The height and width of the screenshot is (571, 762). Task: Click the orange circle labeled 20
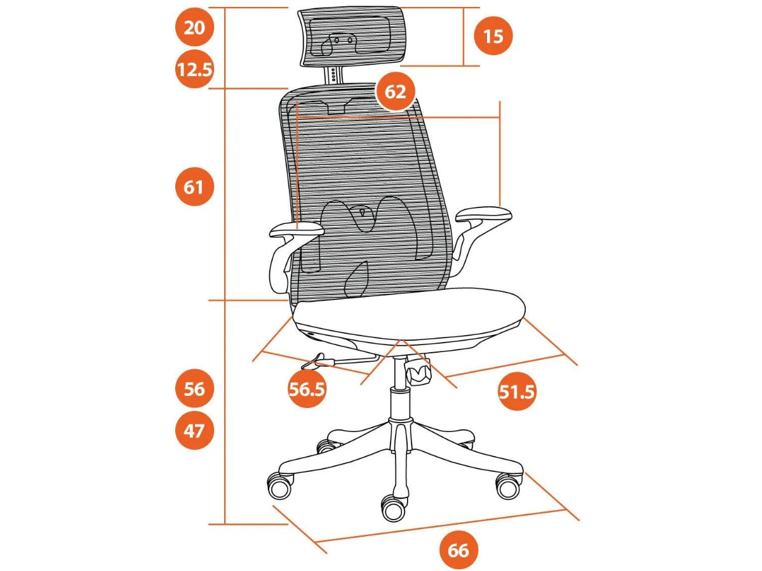tap(194, 27)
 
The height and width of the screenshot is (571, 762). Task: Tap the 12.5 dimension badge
tap(194, 69)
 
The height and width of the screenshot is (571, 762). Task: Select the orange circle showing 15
tap(493, 36)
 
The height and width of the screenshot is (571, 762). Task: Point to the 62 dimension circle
tap(396, 93)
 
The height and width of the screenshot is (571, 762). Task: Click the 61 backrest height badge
tap(194, 187)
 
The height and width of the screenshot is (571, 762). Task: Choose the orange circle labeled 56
tap(194, 388)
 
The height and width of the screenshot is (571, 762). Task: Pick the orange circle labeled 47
tap(194, 431)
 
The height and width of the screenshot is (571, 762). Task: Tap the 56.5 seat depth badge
tap(307, 389)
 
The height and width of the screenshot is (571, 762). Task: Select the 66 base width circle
tap(458, 550)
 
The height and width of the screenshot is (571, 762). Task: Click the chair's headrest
tap(351, 36)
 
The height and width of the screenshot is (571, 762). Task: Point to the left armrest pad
tap(297, 230)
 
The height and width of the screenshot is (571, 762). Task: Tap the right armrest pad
tap(484, 214)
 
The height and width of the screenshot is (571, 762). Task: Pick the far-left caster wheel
tap(279, 486)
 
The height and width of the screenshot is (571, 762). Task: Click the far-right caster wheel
tap(509, 485)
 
